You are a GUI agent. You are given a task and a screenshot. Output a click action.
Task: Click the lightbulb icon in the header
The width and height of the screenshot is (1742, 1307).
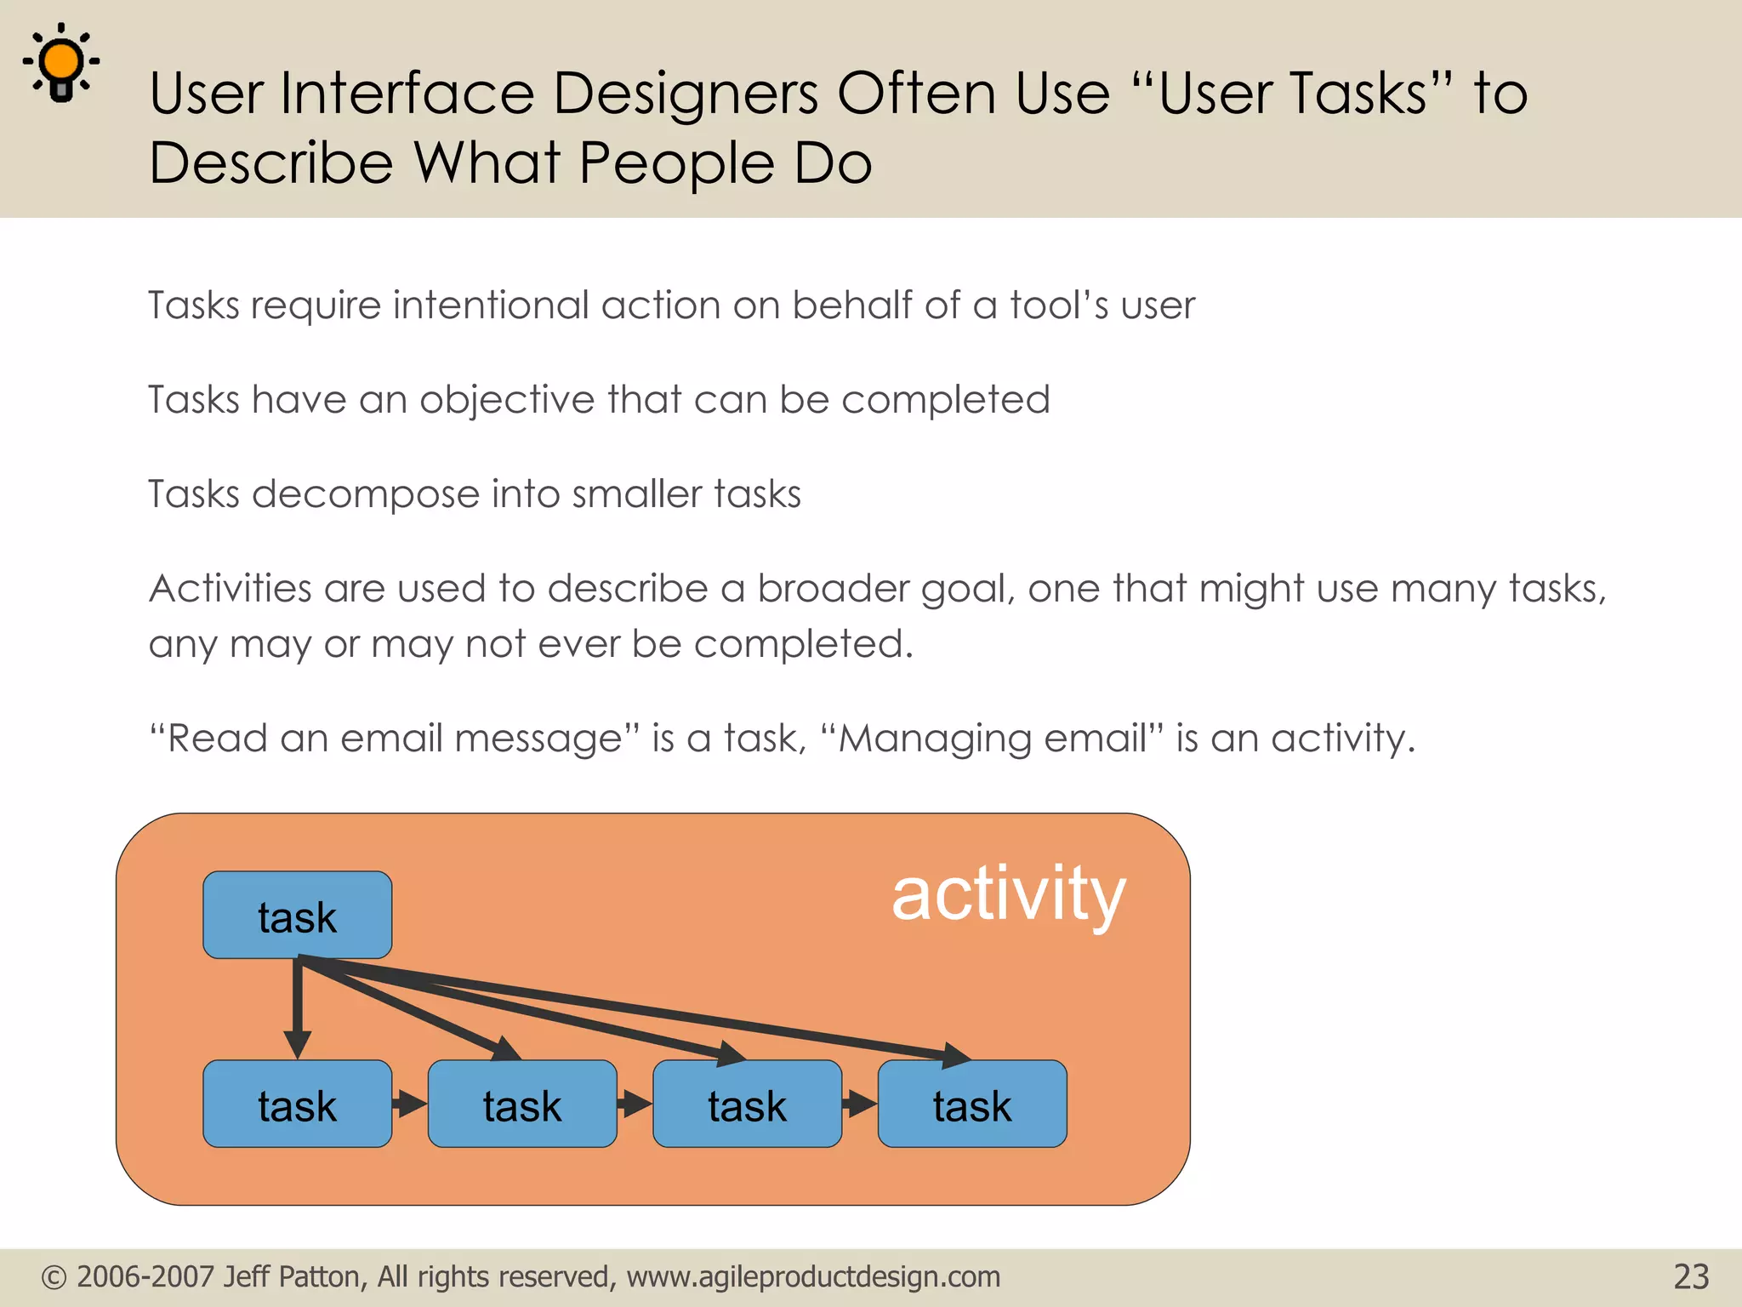click(61, 62)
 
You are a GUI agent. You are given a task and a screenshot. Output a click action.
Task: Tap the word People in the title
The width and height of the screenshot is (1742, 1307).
click(676, 163)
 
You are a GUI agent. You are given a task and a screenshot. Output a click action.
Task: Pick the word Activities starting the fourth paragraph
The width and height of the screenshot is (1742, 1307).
click(231, 589)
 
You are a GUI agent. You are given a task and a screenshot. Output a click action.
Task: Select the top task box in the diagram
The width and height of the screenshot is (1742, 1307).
click(297, 916)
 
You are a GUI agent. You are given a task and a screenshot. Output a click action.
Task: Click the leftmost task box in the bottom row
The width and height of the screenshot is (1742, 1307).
click(297, 1104)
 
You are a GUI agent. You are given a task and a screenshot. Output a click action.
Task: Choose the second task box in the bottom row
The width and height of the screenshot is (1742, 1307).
click(521, 1104)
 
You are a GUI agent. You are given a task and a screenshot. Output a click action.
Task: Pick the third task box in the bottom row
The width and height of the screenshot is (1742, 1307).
click(747, 1104)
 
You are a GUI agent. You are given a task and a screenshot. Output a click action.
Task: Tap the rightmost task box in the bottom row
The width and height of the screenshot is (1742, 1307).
click(971, 1104)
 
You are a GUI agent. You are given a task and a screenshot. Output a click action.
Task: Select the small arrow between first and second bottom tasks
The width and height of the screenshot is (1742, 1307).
click(410, 1104)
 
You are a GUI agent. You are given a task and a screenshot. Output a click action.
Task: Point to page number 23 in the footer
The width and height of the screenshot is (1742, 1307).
click(1690, 1277)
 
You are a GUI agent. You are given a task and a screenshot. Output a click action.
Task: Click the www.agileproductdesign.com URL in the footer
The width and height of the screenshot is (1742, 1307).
click(813, 1277)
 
